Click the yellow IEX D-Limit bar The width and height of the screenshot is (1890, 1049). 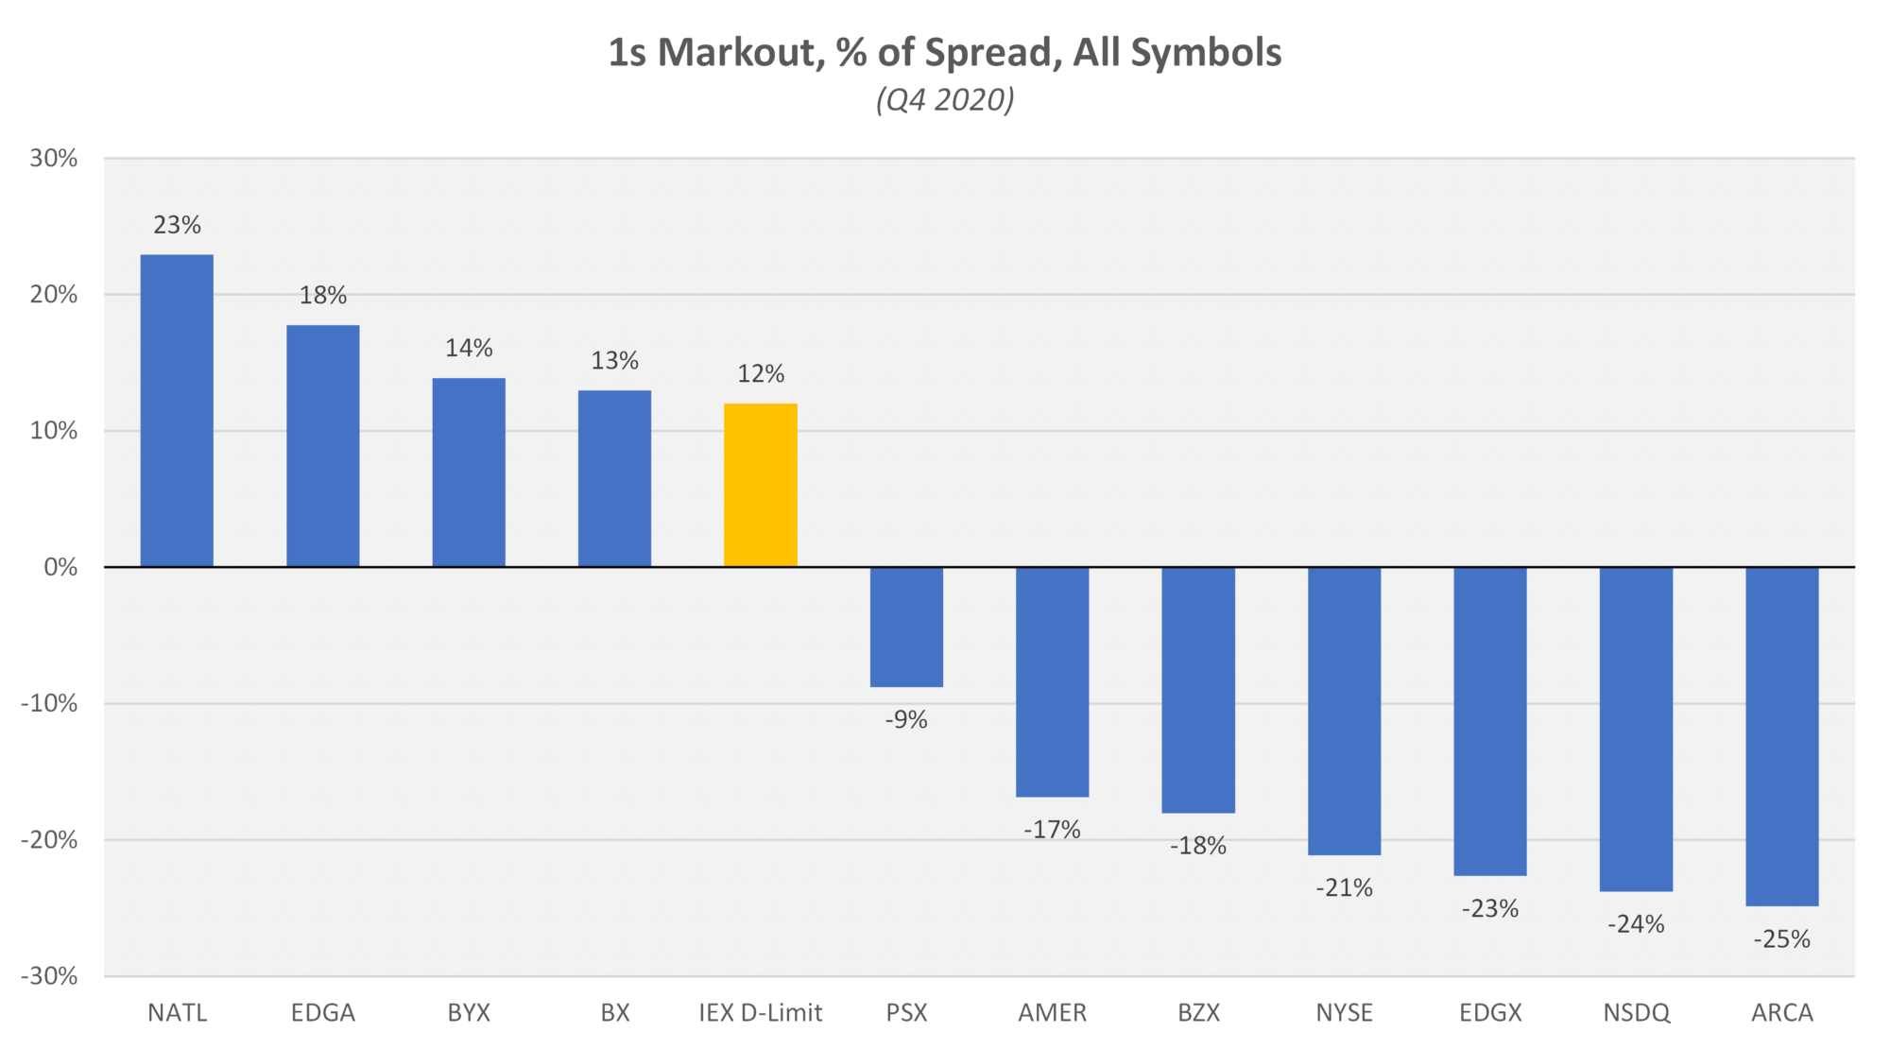(x=760, y=485)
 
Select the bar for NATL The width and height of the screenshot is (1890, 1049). (x=177, y=410)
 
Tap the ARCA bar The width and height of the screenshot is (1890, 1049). (x=1781, y=736)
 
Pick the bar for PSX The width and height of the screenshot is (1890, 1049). (x=906, y=627)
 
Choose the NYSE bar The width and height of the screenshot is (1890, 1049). (x=1344, y=711)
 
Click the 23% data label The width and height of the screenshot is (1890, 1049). (x=177, y=225)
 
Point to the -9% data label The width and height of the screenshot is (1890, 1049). (x=906, y=720)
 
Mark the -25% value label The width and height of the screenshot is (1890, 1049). (x=1781, y=939)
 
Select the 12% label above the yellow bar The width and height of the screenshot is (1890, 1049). (x=760, y=374)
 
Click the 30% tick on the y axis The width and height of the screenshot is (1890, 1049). (x=53, y=159)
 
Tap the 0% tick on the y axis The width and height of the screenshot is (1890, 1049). (x=60, y=567)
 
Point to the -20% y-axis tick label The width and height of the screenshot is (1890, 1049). (x=49, y=840)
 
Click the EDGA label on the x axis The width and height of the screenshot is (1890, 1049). (x=323, y=1013)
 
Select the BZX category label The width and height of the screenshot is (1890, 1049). (x=1198, y=1013)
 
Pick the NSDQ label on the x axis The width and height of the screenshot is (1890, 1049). (x=1636, y=1013)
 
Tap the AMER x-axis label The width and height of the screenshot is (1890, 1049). (x=1052, y=1013)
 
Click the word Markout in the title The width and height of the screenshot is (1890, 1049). (x=736, y=53)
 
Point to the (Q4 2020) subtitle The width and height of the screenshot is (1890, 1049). (x=945, y=99)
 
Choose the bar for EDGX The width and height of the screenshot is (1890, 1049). (x=1489, y=721)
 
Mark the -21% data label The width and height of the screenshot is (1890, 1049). (x=1344, y=888)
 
